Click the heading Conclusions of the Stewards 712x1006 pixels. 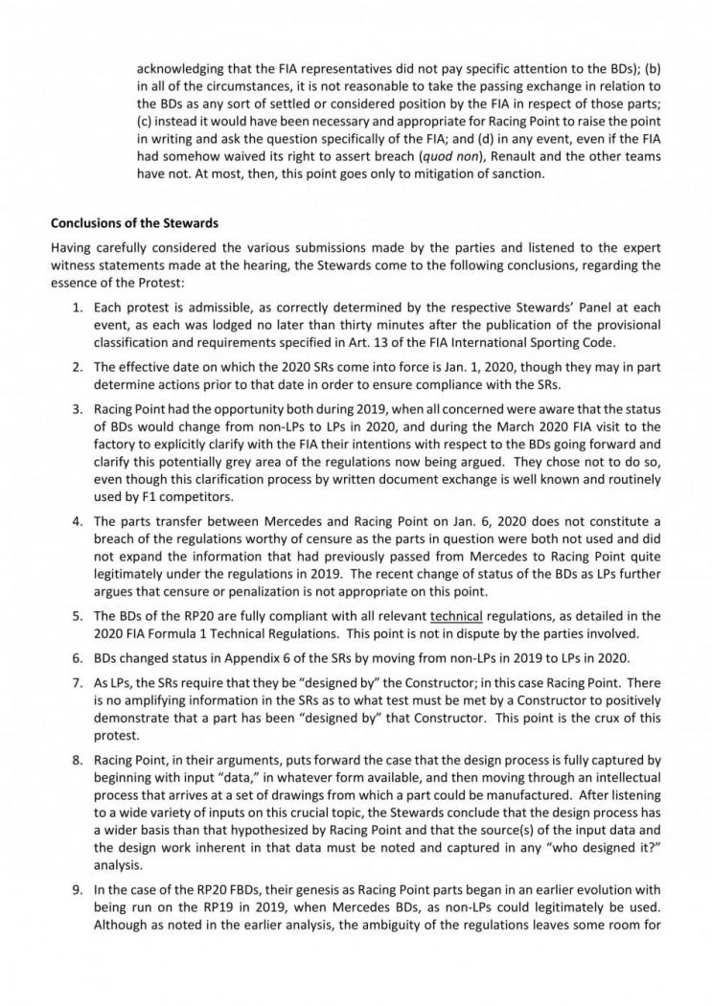point(128,224)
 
